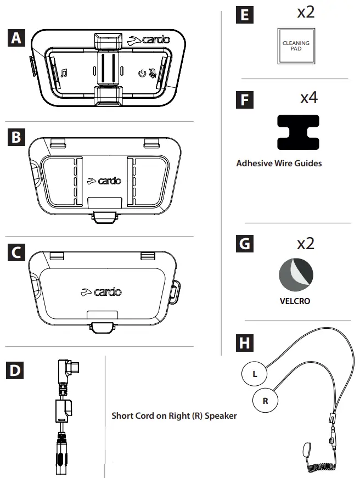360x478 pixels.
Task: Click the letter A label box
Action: click(x=17, y=38)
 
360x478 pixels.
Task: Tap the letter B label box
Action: click(x=17, y=136)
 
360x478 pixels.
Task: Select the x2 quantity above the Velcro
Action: click(x=306, y=242)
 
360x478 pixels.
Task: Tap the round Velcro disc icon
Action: click(x=296, y=274)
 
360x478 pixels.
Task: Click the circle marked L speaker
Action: click(x=255, y=375)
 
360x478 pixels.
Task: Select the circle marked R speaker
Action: click(x=265, y=401)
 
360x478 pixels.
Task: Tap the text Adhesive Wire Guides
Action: click(x=279, y=163)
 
